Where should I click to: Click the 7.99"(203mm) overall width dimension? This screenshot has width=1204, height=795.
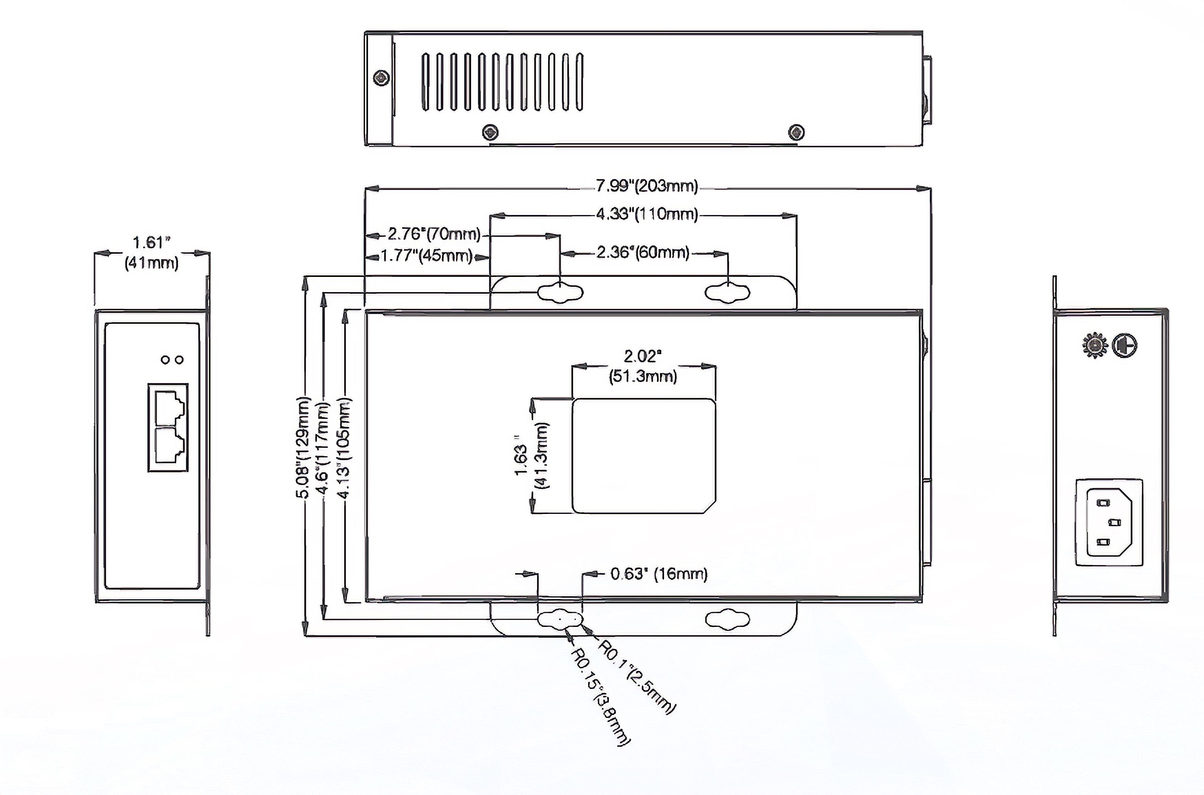coord(647,186)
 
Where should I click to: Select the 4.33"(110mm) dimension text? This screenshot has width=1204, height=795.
coord(647,214)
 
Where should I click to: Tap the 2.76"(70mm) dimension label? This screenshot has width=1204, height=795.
coord(434,234)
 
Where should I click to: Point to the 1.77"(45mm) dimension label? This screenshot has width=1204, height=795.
coord(427,255)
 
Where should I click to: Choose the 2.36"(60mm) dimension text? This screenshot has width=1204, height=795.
coord(643,252)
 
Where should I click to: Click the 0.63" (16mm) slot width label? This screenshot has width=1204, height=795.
coord(658,574)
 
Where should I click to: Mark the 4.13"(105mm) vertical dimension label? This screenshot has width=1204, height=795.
coord(344,448)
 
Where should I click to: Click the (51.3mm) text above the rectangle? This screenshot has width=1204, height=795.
coord(643,376)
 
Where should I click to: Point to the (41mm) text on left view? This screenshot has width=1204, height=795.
coord(152,262)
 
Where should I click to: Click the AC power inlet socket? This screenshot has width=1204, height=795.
coord(1109,522)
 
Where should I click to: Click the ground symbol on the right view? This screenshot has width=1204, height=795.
coord(1125,346)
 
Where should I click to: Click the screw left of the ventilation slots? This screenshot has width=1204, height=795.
coord(382,78)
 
